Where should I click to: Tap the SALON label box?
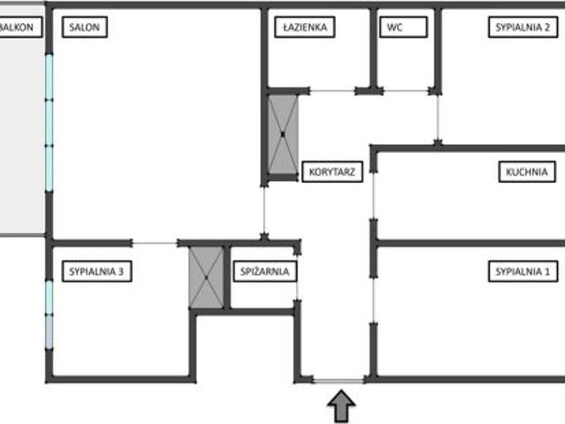pos(85,27)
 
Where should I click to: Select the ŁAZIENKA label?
pos(305,27)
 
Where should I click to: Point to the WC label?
pos(403,27)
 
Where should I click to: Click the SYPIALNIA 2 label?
pos(523,27)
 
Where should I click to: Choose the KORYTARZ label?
pos(332,171)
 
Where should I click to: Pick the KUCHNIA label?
pos(527,171)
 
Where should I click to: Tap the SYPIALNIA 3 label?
pos(96,271)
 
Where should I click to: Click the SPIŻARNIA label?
pos(265,271)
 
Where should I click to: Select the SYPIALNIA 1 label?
pos(523,271)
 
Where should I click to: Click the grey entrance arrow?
pos(341,406)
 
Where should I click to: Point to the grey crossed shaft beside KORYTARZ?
pos(283,134)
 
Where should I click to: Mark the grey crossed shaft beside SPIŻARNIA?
pos(206,277)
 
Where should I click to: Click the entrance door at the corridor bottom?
pos(339,380)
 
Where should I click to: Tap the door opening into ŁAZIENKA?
pos(332,91)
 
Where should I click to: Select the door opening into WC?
pos(406,91)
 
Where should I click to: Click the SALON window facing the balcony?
pos(50,123)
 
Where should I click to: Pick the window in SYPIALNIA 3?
pos(50,314)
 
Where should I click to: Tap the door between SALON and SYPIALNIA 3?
pos(155,243)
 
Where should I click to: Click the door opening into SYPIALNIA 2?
pos(438,117)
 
